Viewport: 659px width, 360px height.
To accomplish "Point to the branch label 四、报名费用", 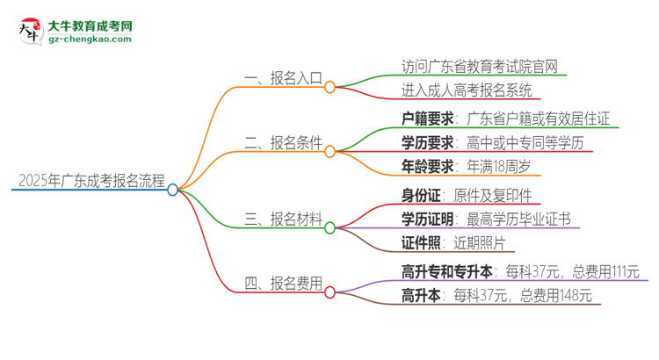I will click(283, 283).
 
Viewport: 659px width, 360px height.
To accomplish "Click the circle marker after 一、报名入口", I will click(330, 87).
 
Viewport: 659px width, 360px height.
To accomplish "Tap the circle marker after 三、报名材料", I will click(330, 227).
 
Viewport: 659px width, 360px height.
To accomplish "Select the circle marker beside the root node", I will click(173, 189).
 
